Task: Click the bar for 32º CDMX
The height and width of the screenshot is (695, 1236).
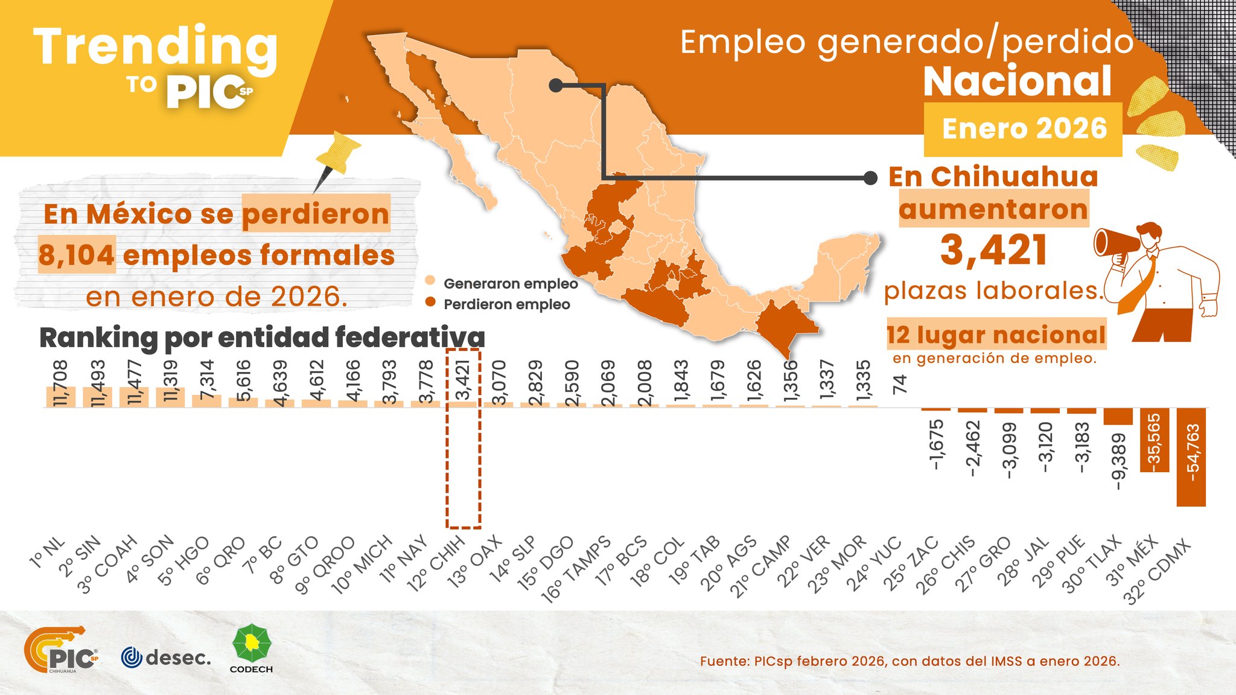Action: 1191,456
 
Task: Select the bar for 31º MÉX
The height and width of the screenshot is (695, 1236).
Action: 1154,440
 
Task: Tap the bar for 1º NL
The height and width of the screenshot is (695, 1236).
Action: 61,397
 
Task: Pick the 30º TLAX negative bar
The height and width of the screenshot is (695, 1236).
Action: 1118,417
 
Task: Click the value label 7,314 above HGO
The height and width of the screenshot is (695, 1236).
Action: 207,377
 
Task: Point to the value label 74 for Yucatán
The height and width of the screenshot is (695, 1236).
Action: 900,384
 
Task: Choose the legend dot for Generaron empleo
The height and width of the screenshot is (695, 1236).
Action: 430,281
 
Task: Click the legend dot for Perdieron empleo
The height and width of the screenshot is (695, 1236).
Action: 430,302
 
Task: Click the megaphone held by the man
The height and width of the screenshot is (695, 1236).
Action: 1116,245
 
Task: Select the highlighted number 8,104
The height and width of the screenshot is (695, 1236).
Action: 77,255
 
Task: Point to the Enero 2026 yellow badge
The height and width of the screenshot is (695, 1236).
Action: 1024,129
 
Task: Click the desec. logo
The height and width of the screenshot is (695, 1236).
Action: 167,657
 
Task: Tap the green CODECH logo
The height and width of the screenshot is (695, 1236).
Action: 252,647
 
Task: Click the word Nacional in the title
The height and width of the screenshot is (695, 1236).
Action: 1018,82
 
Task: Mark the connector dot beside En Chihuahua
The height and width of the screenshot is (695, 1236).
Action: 870,178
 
